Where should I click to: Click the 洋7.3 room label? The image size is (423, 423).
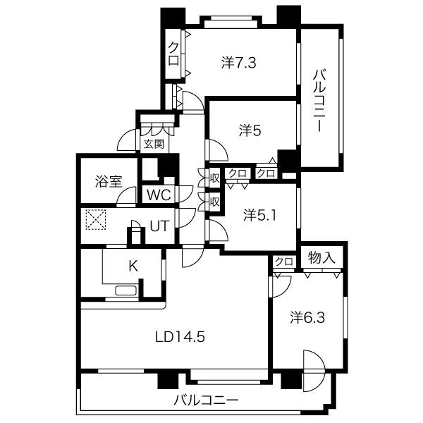[x=238, y=63]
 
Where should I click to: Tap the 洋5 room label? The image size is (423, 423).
[x=250, y=130]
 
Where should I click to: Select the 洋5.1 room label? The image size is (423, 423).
[x=259, y=215]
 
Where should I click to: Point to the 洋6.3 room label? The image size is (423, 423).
[x=307, y=317]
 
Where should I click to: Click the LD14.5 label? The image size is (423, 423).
[x=180, y=337]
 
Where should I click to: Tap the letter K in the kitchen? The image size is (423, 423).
[x=133, y=266]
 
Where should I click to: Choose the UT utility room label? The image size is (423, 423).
[x=159, y=226]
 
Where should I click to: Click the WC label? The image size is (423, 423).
[x=159, y=195]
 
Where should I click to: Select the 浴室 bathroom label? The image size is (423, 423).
[x=109, y=182]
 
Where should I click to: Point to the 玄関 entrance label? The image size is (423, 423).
[x=154, y=144]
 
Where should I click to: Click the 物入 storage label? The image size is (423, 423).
[x=321, y=257]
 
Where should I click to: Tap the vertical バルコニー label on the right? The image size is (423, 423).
[x=319, y=101]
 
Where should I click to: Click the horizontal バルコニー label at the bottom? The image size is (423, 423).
[x=206, y=400]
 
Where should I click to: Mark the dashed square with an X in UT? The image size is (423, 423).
[x=95, y=219]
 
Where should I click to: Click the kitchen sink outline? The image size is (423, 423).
[x=126, y=290]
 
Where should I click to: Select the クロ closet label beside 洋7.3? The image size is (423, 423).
[x=173, y=54]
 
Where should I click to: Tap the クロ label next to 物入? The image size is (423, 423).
[x=284, y=261]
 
